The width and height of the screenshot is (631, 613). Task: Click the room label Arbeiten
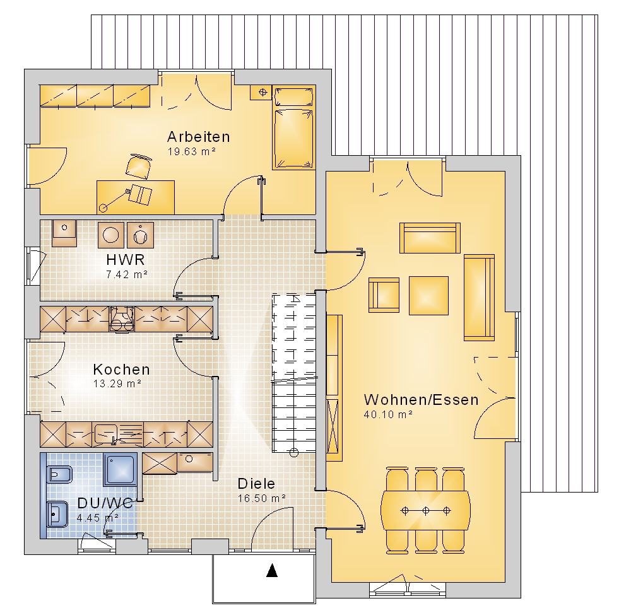click(198, 137)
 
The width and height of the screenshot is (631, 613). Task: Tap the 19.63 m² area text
click(192, 151)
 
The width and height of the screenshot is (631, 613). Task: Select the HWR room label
click(126, 260)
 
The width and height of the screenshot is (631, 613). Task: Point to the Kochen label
click(122, 369)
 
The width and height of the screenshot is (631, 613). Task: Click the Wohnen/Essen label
click(422, 400)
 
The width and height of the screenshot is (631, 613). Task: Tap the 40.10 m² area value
click(388, 414)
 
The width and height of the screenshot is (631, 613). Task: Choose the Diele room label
click(256, 484)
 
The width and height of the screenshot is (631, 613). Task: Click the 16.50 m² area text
click(262, 498)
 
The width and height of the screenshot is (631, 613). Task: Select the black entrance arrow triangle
click(272, 570)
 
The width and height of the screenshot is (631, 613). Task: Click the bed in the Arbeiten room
click(294, 127)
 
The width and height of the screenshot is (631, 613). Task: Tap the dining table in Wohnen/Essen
click(425, 511)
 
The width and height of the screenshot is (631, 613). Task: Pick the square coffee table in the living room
click(428, 296)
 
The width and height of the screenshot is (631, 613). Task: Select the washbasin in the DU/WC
click(57, 513)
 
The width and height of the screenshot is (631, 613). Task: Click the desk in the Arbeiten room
click(136, 197)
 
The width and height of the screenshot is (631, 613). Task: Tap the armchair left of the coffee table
click(384, 295)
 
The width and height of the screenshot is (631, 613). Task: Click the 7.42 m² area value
click(126, 275)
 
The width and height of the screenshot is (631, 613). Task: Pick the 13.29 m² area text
click(117, 383)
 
